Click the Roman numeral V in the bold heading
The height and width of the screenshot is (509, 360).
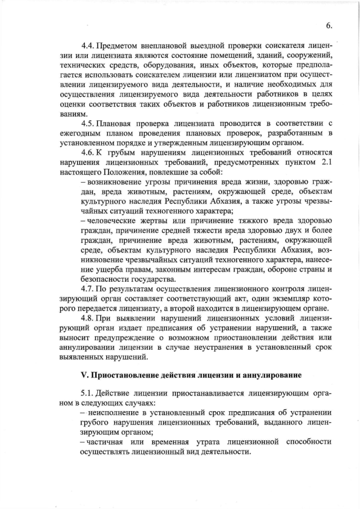84,375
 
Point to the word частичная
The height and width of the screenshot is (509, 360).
109,442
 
